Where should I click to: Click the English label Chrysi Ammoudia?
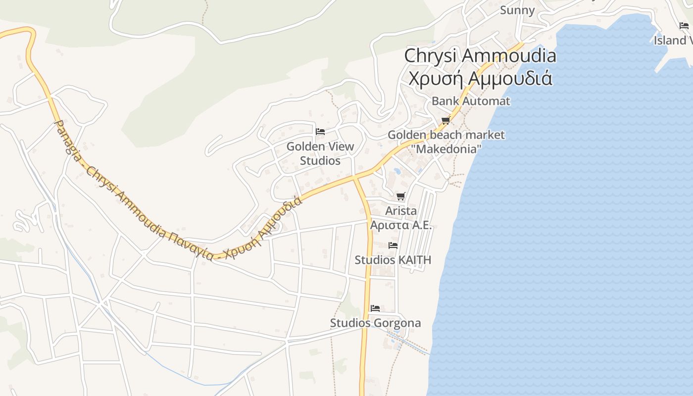click(x=480, y=55)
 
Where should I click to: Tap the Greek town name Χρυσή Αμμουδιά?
click(x=480, y=78)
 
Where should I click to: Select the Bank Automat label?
click(x=470, y=101)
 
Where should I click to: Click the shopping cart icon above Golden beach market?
click(x=445, y=120)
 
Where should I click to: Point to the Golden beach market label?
click(x=446, y=135)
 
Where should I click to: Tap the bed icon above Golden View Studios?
click(x=320, y=132)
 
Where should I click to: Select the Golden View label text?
click(x=320, y=147)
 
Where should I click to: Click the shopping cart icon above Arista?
click(x=401, y=197)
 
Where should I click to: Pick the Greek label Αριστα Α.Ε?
click(x=401, y=225)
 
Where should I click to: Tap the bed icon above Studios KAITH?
click(x=393, y=245)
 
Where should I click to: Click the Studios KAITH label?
click(x=393, y=260)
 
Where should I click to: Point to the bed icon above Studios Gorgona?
click(x=375, y=308)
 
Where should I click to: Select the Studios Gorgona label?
click(x=375, y=323)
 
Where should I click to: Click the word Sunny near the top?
click(x=517, y=10)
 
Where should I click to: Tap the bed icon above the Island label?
click(x=684, y=26)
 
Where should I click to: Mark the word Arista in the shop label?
click(x=401, y=211)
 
